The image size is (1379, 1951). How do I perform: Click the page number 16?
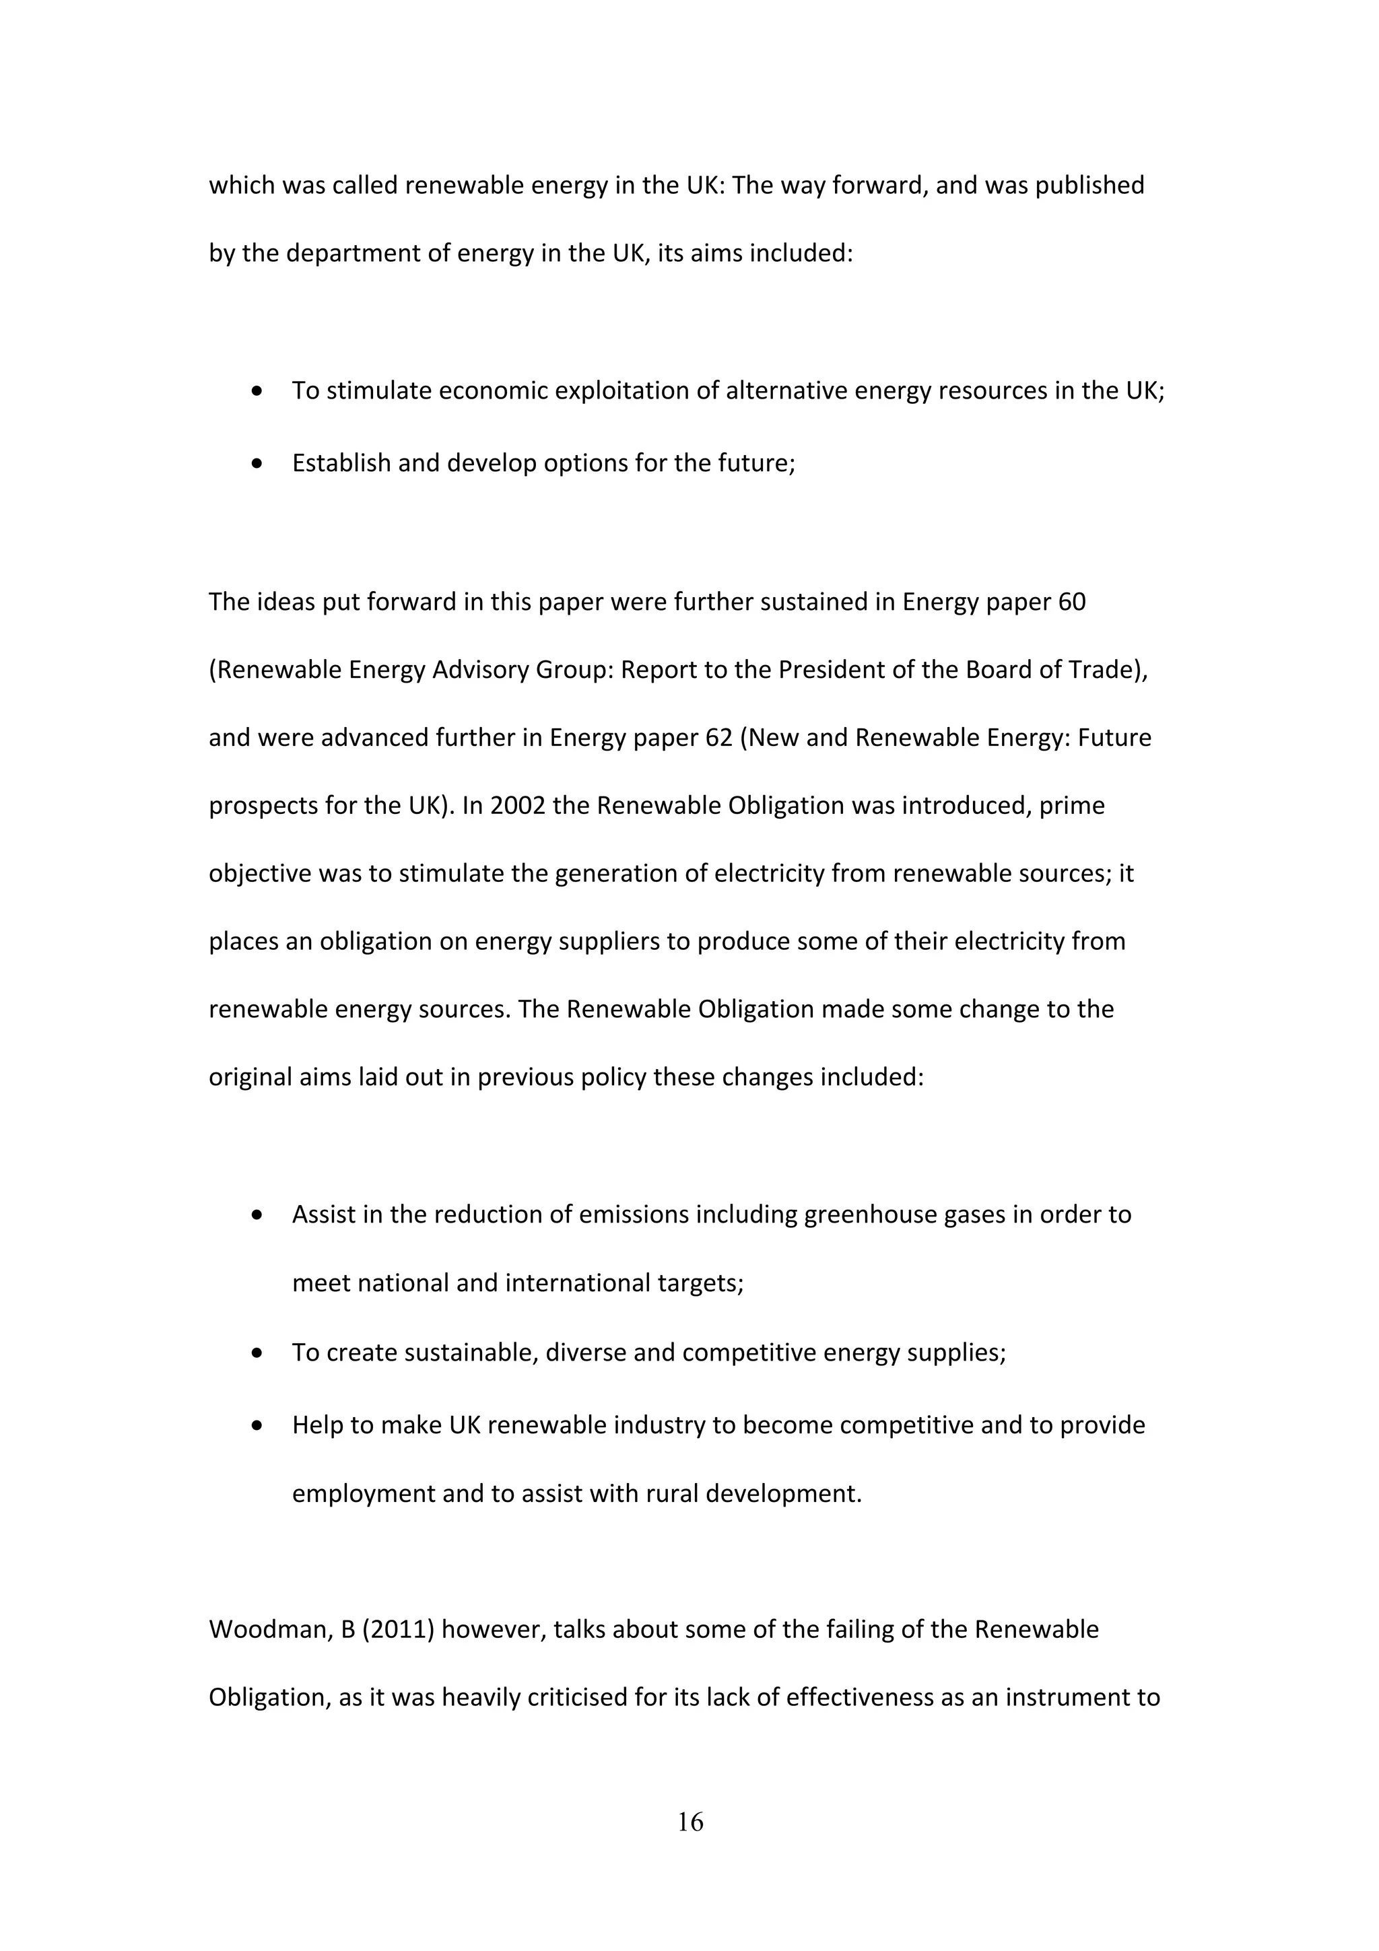coord(690,1821)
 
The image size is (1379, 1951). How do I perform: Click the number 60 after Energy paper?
coord(1071,602)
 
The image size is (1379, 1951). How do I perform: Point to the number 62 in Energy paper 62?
coord(718,738)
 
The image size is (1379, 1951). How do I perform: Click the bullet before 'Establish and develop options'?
coord(257,464)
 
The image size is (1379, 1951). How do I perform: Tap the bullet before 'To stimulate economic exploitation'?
coord(257,392)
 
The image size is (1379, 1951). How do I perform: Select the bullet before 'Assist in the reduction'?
coord(257,1215)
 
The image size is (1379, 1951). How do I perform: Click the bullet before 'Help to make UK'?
coord(257,1426)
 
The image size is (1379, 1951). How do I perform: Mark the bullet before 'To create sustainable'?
coord(257,1353)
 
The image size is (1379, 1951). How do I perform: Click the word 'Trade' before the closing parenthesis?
coord(1106,670)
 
